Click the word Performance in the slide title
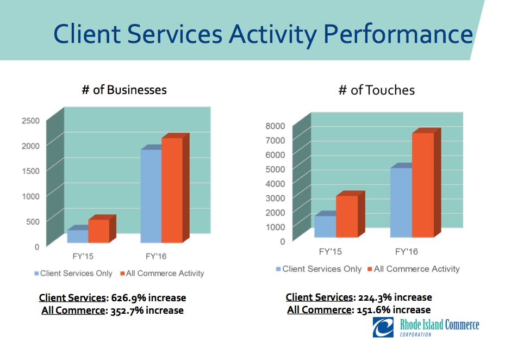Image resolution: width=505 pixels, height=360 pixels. tap(398, 34)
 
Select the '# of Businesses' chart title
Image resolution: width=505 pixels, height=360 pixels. tap(124, 90)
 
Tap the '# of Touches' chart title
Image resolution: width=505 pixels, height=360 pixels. tap(376, 90)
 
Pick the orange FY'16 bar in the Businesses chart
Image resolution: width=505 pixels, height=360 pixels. tap(172, 190)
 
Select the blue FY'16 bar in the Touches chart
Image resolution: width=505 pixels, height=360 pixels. tap(401, 202)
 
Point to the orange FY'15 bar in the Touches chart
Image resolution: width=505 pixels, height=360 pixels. tap(347, 216)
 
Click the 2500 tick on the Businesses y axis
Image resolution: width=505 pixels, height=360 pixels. tap(30, 121)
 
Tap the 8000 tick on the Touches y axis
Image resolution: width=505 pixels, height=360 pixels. tap(275, 126)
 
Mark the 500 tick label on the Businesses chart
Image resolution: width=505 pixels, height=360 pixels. tap(33, 221)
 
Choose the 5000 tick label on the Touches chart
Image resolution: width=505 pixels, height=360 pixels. tap(275, 169)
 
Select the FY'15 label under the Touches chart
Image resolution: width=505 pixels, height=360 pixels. tap(330, 252)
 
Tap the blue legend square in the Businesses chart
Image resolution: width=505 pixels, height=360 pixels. tap(36, 274)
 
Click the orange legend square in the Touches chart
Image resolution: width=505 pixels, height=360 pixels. tap(370, 269)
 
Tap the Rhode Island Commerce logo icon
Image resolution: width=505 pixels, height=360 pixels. tap(384, 327)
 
